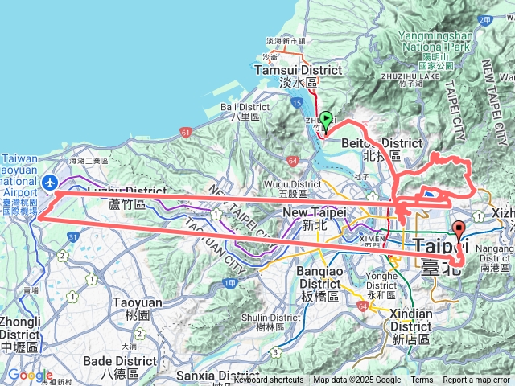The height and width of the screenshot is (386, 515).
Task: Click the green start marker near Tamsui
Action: [x=326, y=119]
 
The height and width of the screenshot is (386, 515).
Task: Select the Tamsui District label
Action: [x=299, y=70]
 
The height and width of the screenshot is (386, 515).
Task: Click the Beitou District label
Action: [x=381, y=143]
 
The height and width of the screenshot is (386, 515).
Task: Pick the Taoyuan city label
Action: [x=133, y=304]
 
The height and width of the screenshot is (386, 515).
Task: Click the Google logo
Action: [x=30, y=376]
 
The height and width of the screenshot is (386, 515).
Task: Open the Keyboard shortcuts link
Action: [x=269, y=380]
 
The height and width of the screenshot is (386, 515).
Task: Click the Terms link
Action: [x=422, y=380]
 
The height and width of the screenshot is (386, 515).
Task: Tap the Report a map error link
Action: [x=477, y=380]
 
